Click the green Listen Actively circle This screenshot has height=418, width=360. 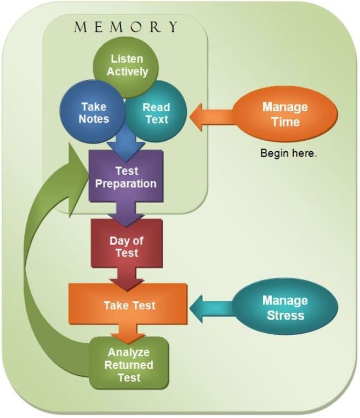125,65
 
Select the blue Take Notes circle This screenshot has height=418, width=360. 92,112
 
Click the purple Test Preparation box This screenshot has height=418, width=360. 126,176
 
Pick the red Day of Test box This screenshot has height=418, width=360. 127,243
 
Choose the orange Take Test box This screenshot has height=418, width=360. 128,304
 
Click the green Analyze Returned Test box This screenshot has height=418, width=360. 129,363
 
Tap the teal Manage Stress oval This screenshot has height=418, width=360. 285,307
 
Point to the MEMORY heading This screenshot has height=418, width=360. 125,27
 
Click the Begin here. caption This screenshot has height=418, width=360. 289,153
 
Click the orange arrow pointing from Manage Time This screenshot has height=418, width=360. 213,117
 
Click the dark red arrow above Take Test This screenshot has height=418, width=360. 127,279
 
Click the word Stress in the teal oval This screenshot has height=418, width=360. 285,316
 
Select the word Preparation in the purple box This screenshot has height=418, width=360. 125,184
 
